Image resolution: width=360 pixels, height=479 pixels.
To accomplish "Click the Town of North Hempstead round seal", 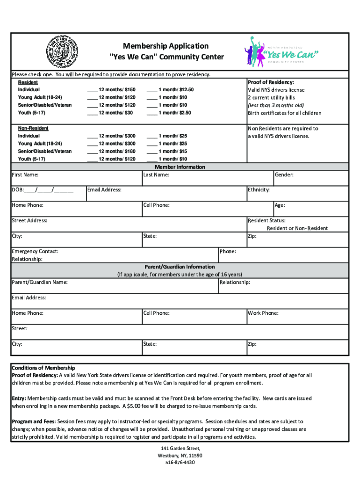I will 61,52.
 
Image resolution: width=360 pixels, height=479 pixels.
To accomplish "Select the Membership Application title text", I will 166,46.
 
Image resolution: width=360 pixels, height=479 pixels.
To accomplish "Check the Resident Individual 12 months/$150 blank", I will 92,90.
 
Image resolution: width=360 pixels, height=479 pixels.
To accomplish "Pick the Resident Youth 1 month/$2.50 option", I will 152,113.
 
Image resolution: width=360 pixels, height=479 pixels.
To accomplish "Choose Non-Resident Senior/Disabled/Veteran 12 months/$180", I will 92,152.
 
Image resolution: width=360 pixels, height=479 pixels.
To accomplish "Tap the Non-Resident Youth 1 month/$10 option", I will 152,159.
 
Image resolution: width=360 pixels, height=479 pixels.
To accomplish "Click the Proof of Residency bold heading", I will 271,82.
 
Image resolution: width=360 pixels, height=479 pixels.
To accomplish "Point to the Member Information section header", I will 180,167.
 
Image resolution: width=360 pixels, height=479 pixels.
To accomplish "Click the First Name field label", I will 25,175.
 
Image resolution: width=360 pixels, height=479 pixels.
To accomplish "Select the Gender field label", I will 284,175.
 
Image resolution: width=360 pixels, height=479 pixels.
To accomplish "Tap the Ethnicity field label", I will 259,190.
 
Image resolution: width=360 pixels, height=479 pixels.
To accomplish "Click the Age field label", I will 280,205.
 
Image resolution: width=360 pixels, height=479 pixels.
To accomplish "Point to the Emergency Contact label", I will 35,252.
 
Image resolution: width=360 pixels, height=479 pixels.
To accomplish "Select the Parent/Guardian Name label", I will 40,283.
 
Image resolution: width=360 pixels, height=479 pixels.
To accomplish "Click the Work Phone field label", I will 263,313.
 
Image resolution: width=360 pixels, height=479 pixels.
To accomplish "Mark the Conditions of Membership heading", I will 43,368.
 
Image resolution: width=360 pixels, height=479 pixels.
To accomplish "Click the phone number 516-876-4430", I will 180,463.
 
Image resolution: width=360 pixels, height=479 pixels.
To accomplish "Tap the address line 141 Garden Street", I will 180,448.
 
